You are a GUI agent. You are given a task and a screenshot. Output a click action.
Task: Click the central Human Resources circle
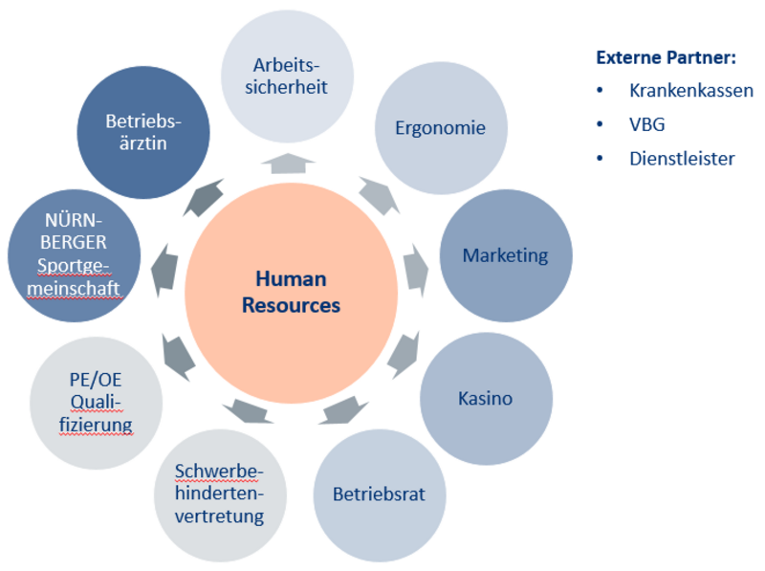click(291, 292)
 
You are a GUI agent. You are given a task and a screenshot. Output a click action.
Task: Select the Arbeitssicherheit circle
click(288, 77)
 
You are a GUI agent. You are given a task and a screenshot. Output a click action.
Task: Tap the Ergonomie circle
click(441, 128)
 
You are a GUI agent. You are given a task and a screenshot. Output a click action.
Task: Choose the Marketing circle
click(505, 255)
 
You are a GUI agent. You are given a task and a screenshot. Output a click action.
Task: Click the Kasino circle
click(486, 398)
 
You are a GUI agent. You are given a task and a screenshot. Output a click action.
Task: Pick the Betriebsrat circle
click(379, 494)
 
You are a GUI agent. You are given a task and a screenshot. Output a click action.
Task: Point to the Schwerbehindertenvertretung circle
click(220, 494)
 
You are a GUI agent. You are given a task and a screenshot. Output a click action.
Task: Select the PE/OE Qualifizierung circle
click(96, 403)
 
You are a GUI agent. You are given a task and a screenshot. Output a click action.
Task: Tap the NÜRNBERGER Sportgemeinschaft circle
click(75, 256)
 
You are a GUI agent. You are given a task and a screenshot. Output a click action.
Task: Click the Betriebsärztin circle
click(143, 132)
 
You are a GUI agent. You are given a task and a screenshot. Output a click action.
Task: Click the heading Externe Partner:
click(666, 57)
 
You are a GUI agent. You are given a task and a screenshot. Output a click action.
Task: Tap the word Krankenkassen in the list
click(691, 91)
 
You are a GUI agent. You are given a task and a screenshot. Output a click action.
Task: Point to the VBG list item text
click(647, 124)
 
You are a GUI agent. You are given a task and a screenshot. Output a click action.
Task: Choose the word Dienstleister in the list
click(682, 159)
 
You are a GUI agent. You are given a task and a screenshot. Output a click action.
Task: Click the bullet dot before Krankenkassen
click(600, 91)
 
